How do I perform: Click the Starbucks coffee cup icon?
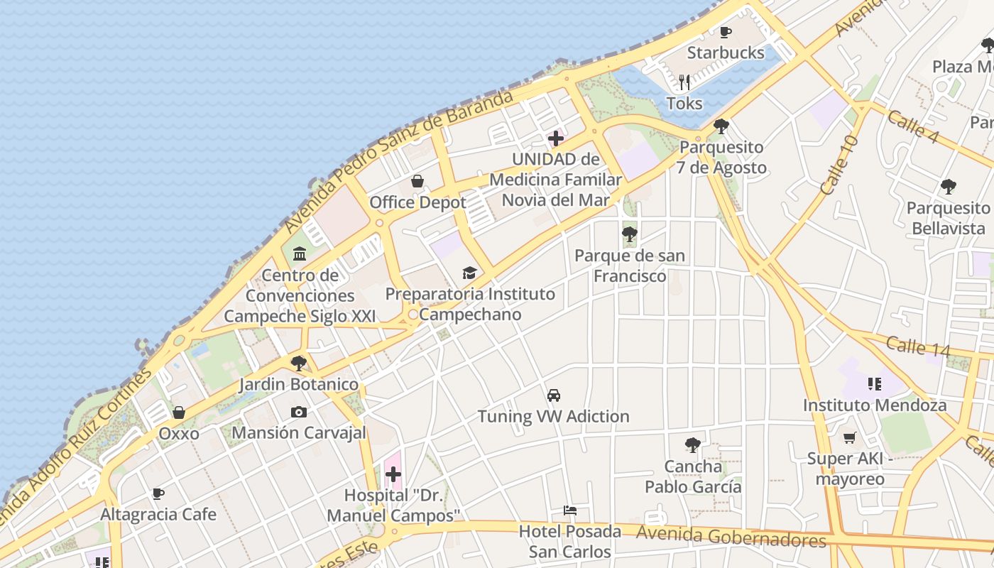pos(725,32)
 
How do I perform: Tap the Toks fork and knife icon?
pos(684,82)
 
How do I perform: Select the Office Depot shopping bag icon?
pos(417,181)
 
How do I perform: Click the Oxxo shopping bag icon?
pos(179,413)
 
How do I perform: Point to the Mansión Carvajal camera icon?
pos(299,412)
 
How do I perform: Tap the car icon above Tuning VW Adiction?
pos(554,395)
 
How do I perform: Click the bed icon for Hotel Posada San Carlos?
pos(569,510)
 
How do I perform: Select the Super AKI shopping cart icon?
pos(849,437)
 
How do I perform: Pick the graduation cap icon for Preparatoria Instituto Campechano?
pos(469,273)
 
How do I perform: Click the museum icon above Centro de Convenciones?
pos(299,253)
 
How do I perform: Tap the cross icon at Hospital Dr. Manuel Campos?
pos(393,474)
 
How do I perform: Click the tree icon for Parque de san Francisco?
pos(629,234)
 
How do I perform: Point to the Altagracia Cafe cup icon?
pos(158,493)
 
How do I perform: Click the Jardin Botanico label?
pos(298,384)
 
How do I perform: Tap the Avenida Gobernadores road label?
pos(731,537)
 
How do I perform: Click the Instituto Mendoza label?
pos(875,405)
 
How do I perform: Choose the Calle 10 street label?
pos(839,165)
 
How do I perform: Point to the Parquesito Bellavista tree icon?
pos(948,187)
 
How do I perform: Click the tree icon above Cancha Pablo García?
pos(693,445)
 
